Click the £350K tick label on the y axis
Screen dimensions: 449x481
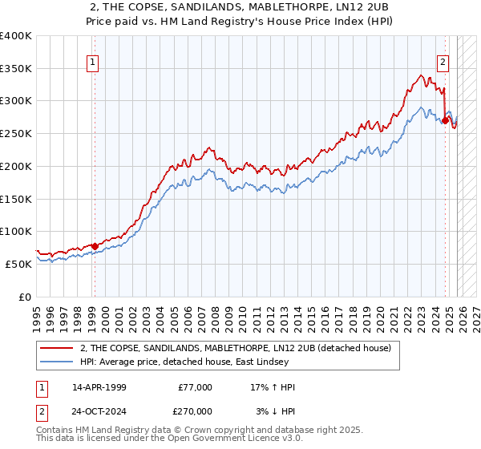point(16,69)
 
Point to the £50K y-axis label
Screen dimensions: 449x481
point(18,264)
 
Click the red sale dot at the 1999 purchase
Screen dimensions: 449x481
point(95,246)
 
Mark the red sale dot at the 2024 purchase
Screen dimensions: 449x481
point(445,121)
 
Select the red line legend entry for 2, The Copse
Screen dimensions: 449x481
point(235,348)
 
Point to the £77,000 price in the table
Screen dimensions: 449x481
point(195,387)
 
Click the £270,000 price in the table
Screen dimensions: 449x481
point(195,410)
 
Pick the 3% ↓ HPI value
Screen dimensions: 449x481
point(273,410)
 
